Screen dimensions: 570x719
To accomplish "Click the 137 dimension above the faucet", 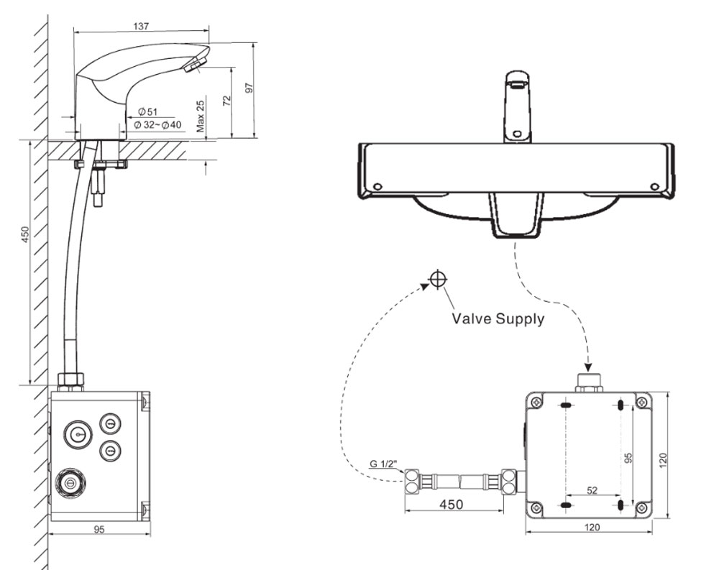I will [x=141, y=26].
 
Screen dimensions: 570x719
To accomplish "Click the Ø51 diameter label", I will [x=147, y=111].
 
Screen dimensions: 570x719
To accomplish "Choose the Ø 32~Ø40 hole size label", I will [x=157, y=124].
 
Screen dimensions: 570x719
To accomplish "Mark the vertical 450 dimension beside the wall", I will [x=24, y=236].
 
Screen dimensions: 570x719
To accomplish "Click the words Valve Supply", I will [x=498, y=318].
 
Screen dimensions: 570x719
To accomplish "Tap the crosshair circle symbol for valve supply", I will [x=437, y=280].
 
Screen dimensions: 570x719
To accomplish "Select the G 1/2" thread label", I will [x=385, y=465].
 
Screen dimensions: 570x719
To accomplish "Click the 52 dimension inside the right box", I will [x=592, y=491].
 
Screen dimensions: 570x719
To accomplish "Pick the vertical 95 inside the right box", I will [x=627, y=457].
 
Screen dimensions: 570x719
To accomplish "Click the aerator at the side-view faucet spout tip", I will [x=193, y=67].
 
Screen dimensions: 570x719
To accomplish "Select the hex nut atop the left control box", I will [x=69, y=380].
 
